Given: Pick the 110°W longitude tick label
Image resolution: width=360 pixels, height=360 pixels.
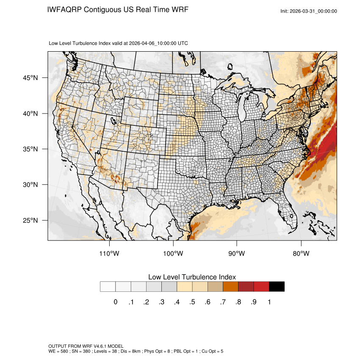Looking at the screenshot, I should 110,254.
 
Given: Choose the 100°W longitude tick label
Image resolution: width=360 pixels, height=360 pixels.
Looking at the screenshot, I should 174,254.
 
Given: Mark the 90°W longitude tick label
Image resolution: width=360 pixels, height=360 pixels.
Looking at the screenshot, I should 237,254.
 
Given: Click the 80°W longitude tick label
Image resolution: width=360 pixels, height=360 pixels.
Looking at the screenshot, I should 301,254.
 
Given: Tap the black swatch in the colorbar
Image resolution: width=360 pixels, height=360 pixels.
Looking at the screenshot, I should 277,287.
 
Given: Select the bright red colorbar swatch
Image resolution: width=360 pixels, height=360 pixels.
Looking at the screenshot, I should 261,287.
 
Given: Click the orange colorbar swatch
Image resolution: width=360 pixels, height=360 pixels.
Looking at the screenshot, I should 230,287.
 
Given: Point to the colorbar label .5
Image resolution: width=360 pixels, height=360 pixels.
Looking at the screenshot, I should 192,302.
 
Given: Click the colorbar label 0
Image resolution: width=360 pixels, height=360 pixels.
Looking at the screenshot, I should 115,302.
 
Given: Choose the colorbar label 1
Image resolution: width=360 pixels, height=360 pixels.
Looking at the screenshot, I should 269,302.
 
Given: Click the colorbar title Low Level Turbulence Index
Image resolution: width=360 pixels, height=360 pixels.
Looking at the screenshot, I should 192,277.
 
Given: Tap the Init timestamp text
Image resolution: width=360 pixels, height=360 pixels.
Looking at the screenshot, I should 309,11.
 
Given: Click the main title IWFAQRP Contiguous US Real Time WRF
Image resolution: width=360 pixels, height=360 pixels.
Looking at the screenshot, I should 118,9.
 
